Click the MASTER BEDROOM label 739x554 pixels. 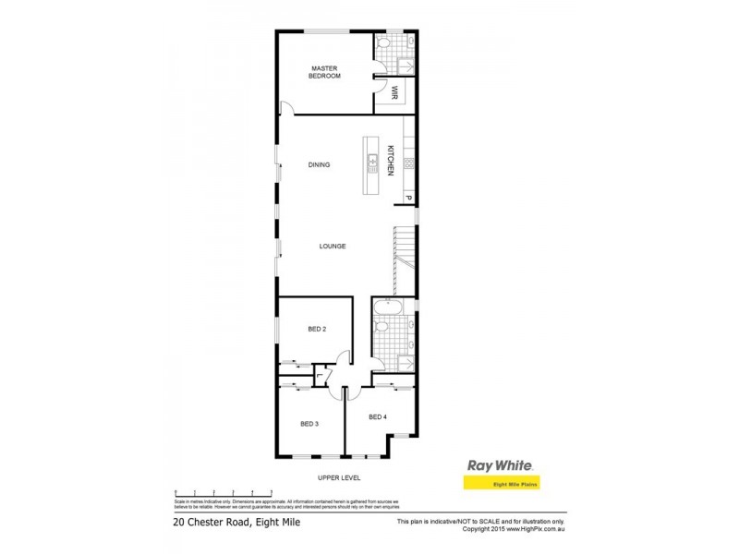point(325,72)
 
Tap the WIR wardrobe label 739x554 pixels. point(394,91)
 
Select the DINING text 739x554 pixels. point(320,165)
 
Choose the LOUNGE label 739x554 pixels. point(333,247)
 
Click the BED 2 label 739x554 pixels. point(317,329)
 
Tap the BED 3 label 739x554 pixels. point(309,424)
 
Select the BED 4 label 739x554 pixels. point(377,417)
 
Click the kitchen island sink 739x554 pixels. point(372,163)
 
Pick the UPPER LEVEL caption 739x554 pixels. point(339,477)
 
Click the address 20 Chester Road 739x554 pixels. point(236,524)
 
